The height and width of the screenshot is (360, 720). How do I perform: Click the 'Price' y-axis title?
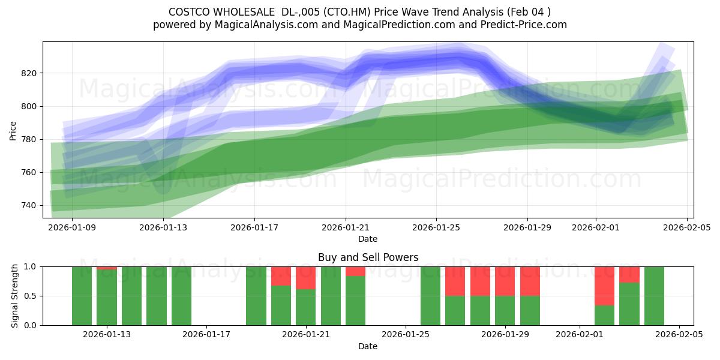(13, 130)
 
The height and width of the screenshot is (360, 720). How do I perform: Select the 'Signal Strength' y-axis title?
(15, 296)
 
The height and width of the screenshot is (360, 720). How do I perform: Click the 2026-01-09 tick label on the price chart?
(72, 227)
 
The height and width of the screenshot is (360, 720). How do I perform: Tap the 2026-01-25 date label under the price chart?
(436, 227)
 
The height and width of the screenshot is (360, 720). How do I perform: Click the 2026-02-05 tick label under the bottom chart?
(679, 335)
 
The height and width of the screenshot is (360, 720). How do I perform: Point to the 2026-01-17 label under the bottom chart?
(206, 335)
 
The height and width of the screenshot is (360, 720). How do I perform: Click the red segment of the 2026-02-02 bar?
(604, 286)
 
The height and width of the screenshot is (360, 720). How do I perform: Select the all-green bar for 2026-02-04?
(654, 296)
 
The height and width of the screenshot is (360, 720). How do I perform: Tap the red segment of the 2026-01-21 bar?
(305, 278)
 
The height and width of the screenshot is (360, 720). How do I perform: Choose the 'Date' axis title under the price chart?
(368, 239)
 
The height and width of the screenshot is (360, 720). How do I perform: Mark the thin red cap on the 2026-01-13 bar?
(107, 268)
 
